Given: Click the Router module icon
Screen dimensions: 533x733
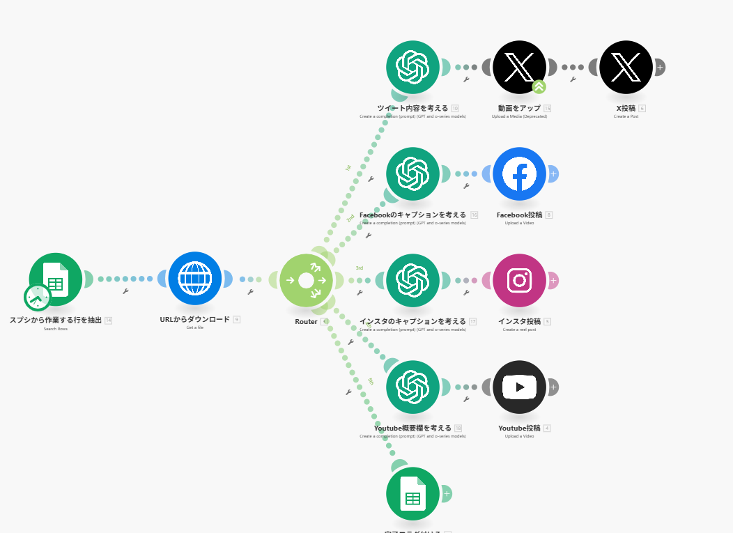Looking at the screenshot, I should (306, 280).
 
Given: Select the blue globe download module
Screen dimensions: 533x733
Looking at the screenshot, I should (194, 278).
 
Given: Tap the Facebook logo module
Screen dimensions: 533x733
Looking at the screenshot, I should (519, 173).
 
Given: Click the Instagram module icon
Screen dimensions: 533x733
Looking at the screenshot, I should (519, 280).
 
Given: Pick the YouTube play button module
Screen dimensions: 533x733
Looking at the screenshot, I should (519, 387).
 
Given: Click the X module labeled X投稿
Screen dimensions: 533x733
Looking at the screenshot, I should (626, 67).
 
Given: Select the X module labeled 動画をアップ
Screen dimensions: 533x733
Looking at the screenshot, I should (519, 67).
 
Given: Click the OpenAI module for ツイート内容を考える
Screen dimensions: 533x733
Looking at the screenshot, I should (412, 67).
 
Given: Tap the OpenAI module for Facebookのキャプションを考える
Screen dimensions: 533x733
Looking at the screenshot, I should (412, 173).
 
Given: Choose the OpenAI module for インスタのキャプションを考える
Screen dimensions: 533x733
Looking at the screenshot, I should (412, 280).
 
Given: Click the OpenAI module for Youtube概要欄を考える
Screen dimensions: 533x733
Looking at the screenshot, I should (412, 387).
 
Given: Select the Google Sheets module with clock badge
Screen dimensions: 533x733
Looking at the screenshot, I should (56, 279).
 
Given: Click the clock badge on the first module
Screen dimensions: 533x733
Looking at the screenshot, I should (37, 298).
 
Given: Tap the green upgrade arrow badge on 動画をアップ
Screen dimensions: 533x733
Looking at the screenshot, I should (539, 87).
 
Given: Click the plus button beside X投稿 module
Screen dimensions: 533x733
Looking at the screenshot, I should (659, 67).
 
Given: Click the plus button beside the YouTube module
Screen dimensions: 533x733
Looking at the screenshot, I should (553, 387).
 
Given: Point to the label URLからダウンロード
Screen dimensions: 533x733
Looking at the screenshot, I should (194, 320).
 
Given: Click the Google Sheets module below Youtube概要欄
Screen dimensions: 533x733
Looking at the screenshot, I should (412, 493).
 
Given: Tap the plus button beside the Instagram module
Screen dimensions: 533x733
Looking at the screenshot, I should (553, 280).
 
